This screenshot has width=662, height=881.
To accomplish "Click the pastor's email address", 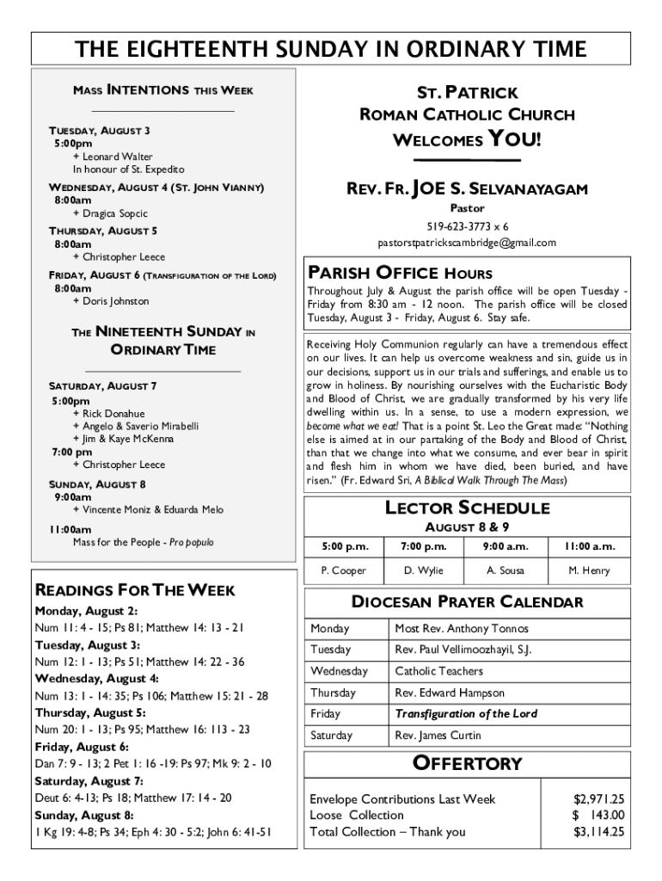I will (467, 243).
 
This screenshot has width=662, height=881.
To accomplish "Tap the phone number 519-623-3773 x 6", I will (468, 226).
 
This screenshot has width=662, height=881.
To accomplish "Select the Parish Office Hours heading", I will (400, 274).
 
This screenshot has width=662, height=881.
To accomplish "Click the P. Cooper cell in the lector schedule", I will (343, 570).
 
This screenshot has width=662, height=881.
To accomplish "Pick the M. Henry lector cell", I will (589, 570).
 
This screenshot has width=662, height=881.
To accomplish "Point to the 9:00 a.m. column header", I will (505, 546).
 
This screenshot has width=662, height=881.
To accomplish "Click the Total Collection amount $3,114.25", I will (598, 831).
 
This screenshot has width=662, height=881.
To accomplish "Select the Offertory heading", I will (467, 763).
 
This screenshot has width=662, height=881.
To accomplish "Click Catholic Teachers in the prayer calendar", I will (438, 671).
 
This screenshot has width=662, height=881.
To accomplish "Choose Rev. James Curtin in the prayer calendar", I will (438, 736).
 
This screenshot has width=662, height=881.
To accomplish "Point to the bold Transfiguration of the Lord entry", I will (466, 714).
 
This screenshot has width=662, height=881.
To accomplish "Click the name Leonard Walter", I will (117, 157).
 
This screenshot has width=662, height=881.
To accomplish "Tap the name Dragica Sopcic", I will (114, 213).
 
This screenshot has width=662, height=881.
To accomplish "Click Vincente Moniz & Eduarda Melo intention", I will (152, 510).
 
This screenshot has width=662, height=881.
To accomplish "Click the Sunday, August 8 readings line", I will (153, 832).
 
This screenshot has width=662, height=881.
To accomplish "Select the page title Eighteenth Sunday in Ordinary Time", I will (331, 49).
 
